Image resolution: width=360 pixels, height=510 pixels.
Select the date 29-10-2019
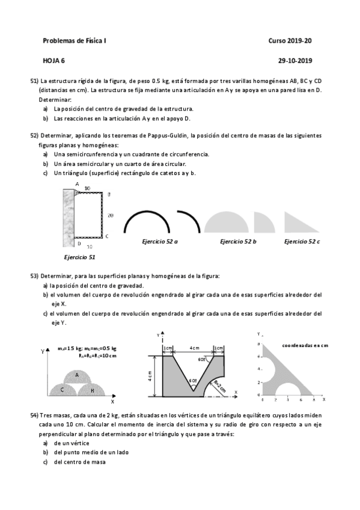(295, 60)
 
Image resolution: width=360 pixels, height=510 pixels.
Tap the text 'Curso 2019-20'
(290, 40)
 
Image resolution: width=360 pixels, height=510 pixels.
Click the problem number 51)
(34, 80)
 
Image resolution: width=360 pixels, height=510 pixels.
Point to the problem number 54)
(34, 416)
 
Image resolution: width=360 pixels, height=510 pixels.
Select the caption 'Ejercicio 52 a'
(159, 241)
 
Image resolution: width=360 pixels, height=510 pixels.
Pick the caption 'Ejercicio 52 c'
(302, 241)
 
